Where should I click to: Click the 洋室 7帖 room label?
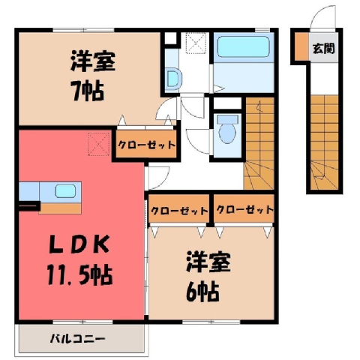(x=91, y=76)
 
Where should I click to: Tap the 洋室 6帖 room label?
(x=208, y=278)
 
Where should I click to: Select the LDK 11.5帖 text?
(x=79, y=261)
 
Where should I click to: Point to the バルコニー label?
(x=77, y=339)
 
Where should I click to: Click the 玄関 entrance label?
(x=324, y=49)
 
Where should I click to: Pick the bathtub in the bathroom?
(x=243, y=47)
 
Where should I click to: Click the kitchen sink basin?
(x=65, y=191)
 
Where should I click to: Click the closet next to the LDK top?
(x=146, y=145)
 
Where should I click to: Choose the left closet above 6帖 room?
(x=179, y=209)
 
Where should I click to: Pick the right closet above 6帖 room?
(x=244, y=209)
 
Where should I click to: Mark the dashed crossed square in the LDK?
(x=99, y=144)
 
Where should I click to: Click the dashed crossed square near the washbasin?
(x=196, y=43)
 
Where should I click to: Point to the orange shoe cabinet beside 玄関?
(x=301, y=46)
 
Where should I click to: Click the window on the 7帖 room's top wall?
(x=83, y=31)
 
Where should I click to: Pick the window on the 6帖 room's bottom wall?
(x=211, y=322)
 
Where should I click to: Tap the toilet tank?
(x=227, y=119)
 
